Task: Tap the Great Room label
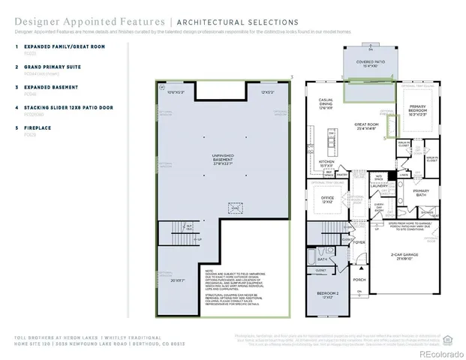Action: [x=367, y=126]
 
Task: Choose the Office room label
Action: [x=326, y=199]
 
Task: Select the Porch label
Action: [x=359, y=280]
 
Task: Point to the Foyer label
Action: [x=359, y=242]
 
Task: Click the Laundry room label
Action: [x=377, y=185]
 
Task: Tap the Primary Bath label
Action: [x=421, y=192]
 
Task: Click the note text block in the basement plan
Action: [x=242, y=286]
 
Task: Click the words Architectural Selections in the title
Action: [x=236, y=22]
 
